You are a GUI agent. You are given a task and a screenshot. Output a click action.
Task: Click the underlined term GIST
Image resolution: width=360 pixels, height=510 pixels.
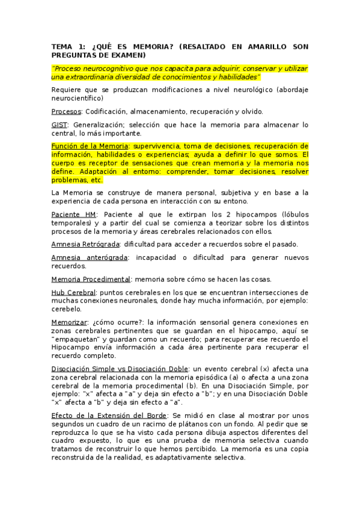(59, 125)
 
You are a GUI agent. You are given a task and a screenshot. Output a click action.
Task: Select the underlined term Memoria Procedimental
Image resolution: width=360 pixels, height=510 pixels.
(91, 279)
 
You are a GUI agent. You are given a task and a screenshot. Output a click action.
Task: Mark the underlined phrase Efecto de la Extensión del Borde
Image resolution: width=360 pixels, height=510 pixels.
(109, 415)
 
